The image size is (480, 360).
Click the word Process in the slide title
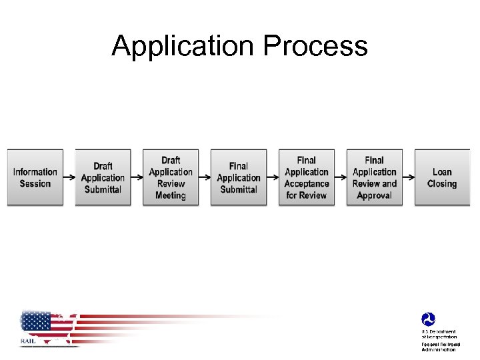(x=315, y=47)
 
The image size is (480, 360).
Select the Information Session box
(x=35, y=177)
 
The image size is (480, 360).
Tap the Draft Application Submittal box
(x=103, y=177)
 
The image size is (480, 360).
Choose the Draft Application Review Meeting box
(x=171, y=177)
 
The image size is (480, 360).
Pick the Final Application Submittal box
(x=239, y=177)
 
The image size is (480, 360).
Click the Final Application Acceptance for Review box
(x=307, y=177)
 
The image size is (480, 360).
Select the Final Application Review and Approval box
(x=375, y=177)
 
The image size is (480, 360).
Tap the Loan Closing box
(x=442, y=177)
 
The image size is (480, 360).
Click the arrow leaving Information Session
(x=69, y=177)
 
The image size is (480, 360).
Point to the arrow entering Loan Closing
(x=409, y=177)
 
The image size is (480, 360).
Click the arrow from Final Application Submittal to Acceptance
(x=273, y=177)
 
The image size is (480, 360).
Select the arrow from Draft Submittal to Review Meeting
(x=137, y=177)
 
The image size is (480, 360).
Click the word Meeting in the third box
(x=171, y=195)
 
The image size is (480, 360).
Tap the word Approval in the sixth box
(x=375, y=195)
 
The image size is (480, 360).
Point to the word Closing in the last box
(x=442, y=183)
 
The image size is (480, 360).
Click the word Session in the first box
(x=35, y=183)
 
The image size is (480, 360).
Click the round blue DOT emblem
(x=428, y=320)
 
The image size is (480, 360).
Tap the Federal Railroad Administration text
(x=439, y=347)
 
